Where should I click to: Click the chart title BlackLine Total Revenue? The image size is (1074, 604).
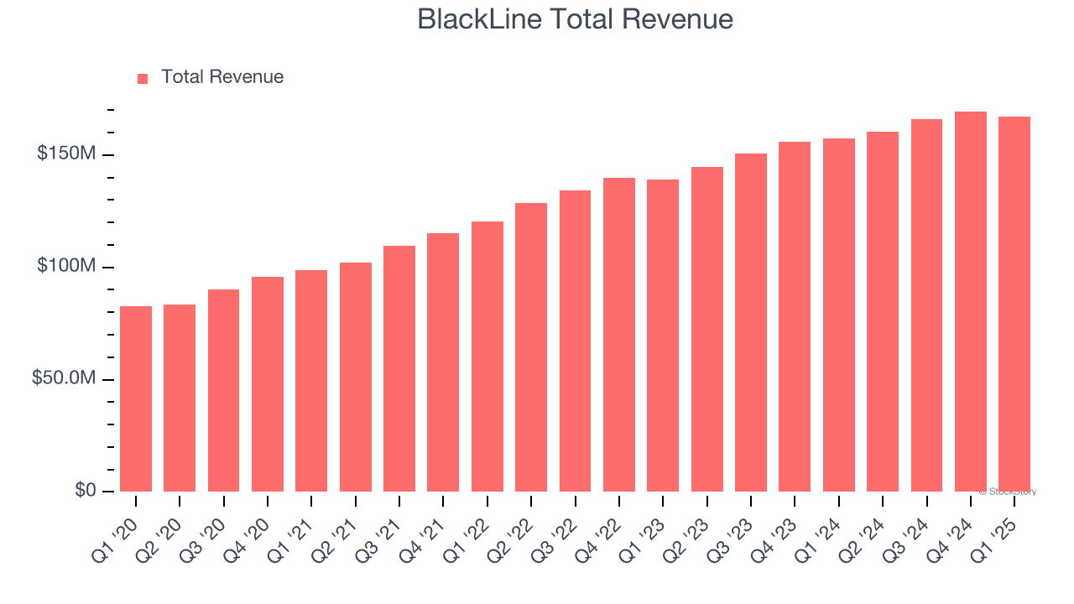[575, 19]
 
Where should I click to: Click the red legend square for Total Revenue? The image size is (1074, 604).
[143, 78]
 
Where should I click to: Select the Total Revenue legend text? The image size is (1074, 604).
[222, 77]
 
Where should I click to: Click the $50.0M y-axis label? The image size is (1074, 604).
[64, 378]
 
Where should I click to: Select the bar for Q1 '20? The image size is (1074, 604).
[136, 398]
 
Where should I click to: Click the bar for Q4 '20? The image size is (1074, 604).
[268, 384]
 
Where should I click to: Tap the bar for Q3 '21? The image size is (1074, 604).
[399, 369]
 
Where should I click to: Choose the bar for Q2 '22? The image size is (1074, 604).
[531, 347]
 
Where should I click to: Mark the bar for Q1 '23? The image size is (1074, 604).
[663, 336]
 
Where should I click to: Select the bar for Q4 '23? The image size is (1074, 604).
[795, 317]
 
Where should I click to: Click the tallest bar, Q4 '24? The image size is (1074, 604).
[970, 302]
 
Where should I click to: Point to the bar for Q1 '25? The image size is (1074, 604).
[1014, 304]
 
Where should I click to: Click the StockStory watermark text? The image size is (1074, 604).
[1008, 492]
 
